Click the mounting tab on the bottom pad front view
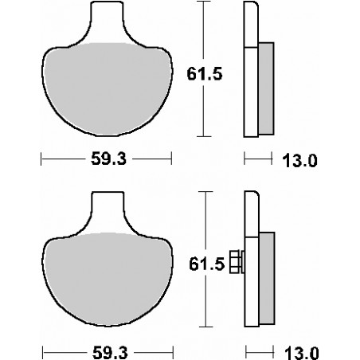(108, 210)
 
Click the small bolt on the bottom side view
(236, 260)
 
